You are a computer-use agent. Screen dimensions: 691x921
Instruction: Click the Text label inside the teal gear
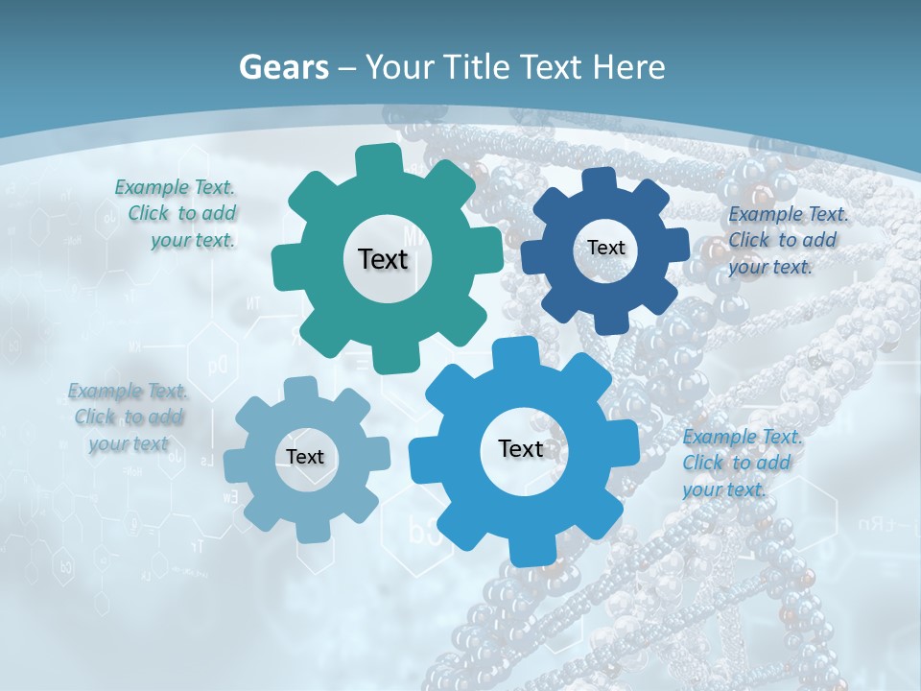[383, 259]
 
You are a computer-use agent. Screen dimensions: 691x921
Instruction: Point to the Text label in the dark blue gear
[606, 248]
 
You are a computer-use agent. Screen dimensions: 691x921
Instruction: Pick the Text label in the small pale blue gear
[305, 457]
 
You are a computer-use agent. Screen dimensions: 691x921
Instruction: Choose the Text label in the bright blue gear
[521, 448]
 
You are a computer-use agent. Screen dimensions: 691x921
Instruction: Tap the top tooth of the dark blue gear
[599, 181]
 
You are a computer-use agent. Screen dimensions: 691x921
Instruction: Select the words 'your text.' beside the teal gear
[192, 241]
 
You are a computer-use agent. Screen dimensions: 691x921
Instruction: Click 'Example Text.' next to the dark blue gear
[788, 214]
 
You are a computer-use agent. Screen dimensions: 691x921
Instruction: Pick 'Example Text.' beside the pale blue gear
[128, 391]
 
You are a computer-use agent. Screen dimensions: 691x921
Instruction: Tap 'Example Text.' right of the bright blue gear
[743, 437]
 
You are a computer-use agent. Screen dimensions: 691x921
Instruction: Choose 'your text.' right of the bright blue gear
[724, 489]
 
